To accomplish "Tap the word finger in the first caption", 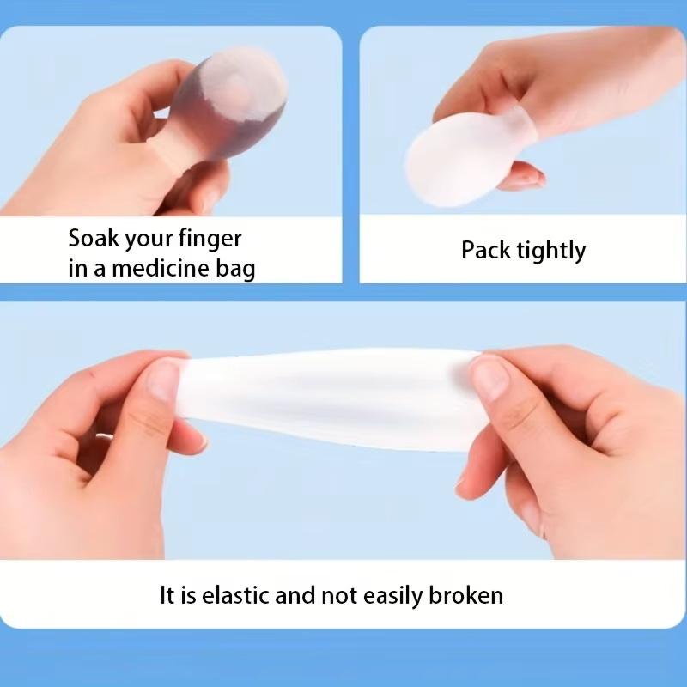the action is (x=210, y=240).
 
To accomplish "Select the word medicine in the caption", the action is (x=161, y=268).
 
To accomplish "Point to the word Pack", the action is (x=486, y=250).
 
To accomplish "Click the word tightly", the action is (x=550, y=252).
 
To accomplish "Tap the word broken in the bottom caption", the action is (x=465, y=595).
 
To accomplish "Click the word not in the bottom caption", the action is (x=338, y=596).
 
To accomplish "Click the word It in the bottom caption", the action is (x=167, y=595).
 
